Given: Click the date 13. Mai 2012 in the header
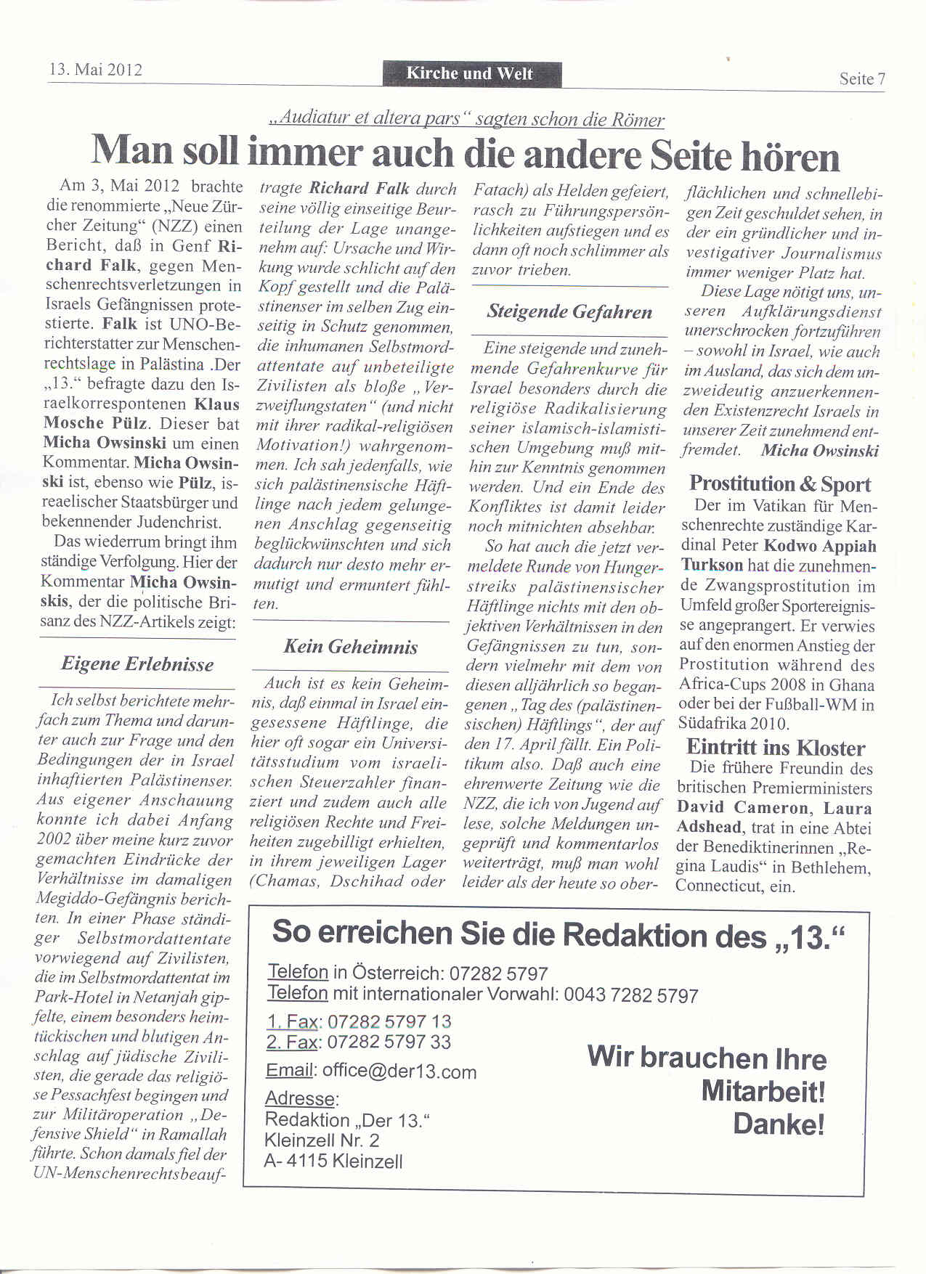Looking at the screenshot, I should click(95, 70).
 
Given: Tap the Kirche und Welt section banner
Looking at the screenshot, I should click(469, 73).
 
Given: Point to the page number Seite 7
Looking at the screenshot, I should click(862, 79).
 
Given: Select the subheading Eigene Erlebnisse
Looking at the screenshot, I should click(137, 663).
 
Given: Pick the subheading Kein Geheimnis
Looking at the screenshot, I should click(350, 647).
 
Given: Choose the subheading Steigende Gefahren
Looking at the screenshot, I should click(569, 312).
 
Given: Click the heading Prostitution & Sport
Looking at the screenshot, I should click(779, 483).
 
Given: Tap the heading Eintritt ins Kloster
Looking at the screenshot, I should click(775, 748).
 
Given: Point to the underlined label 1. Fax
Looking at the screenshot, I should click(292, 1021).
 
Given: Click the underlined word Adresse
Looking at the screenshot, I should click(301, 1098).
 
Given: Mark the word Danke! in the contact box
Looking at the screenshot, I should click(779, 1124).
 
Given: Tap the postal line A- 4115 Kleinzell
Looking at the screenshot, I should click(333, 1161).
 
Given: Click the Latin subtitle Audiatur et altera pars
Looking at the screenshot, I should click(370, 119).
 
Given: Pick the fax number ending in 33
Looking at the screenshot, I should click(389, 1042).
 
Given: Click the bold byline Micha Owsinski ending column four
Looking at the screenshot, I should click(819, 450).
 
